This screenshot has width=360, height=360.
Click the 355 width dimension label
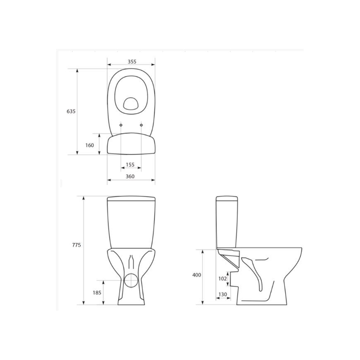pos(131,61)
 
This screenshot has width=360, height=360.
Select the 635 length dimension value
pos(71,111)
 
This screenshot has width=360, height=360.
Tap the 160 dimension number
pos(90,145)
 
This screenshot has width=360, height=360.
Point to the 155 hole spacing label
pos(130,165)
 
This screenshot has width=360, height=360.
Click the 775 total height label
pos(76,245)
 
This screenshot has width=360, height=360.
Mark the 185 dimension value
pos(97,292)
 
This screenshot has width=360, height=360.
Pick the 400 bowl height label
pos(197,275)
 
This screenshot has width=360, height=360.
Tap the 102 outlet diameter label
pos(222,278)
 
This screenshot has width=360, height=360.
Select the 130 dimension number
pos(222,294)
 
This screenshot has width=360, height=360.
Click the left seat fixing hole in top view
pos(121,125)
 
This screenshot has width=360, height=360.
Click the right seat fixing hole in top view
pos(141,125)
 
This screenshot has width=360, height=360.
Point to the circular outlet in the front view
pos(132,281)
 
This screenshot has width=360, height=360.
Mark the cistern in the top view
pos(131,144)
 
